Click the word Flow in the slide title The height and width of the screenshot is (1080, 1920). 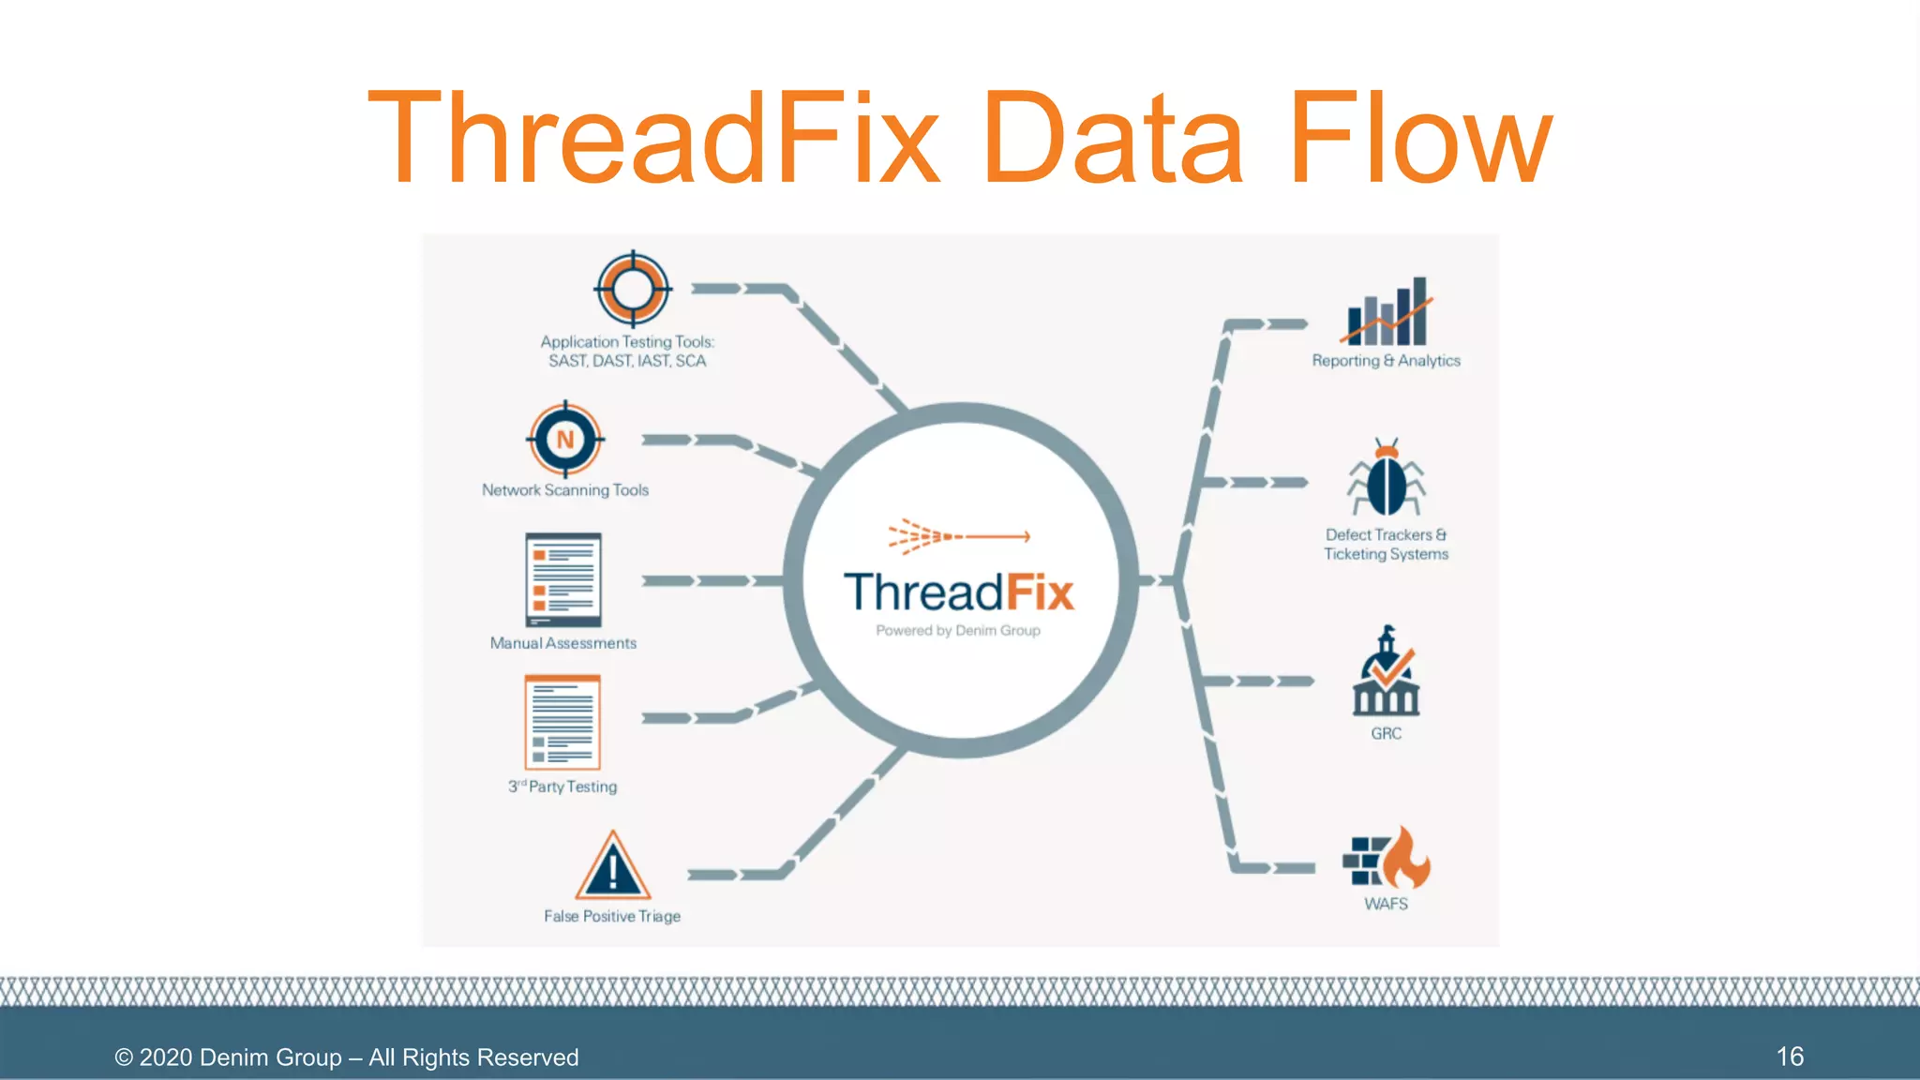[x=1420, y=139]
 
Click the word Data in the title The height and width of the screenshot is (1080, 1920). [x=1113, y=139]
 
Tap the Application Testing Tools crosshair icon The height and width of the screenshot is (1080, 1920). [x=633, y=290]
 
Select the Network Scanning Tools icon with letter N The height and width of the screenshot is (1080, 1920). [x=565, y=439]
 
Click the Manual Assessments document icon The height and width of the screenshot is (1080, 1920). [x=562, y=580]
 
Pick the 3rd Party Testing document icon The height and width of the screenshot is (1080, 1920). [x=562, y=723]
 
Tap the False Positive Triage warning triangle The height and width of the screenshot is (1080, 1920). [x=613, y=867]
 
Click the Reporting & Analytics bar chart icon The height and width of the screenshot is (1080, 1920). [x=1387, y=312]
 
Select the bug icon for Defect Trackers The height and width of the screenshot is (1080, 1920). [x=1387, y=478]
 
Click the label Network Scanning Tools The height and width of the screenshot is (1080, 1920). [x=565, y=490]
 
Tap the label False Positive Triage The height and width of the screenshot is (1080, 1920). [x=612, y=916]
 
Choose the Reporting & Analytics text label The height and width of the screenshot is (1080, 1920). [x=1386, y=361]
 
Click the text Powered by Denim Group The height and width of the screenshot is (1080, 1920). [x=958, y=631]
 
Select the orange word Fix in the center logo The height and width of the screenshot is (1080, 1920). [x=1039, y=593]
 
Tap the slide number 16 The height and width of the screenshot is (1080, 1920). [x=1790, y=1057]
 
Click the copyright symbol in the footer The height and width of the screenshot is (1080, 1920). [x=124, y=1057]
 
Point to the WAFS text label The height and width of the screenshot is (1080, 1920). [x=1386, y=904]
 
